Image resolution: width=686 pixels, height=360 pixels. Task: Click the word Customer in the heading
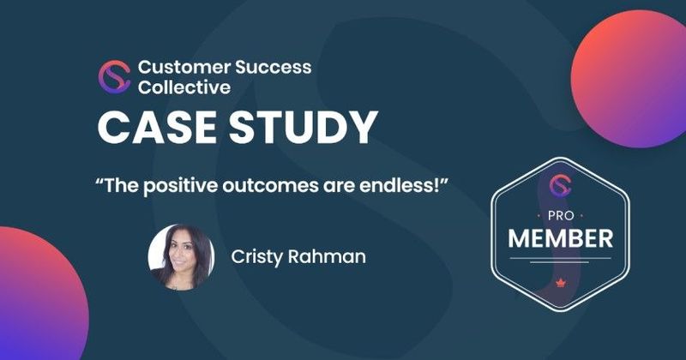point(178,66)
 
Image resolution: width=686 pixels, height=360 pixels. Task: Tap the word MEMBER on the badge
point(560,238)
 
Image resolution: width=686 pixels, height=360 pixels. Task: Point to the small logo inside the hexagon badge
point(560,185)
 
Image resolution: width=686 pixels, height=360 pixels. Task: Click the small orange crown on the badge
point(560,280)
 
